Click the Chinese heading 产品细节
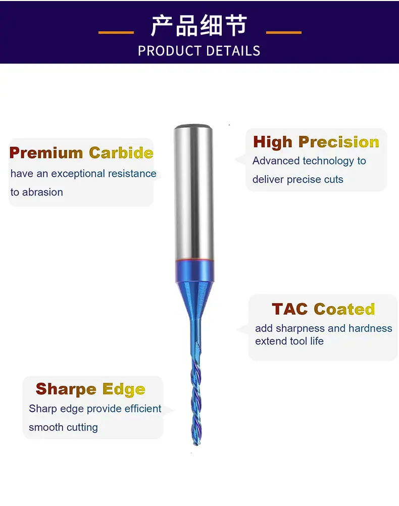coord(199,25)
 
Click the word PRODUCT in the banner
coord(170,51)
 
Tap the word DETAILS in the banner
coord(233,51)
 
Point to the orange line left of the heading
coord(116,32)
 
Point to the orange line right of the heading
coord(284,32)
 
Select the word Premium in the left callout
coord(46,153)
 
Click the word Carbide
coord(121,153)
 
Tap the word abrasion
coord(42,192)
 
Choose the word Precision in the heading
coord(338,142)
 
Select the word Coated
coord(344,309)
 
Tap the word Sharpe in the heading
coord(66,389)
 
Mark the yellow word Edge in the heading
coord(124,389)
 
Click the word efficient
coord(143,409)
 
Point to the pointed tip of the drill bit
coord(196,445)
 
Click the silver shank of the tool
coord(193,192)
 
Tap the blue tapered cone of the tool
coord(194,300)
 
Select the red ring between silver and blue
coord(194,260)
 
